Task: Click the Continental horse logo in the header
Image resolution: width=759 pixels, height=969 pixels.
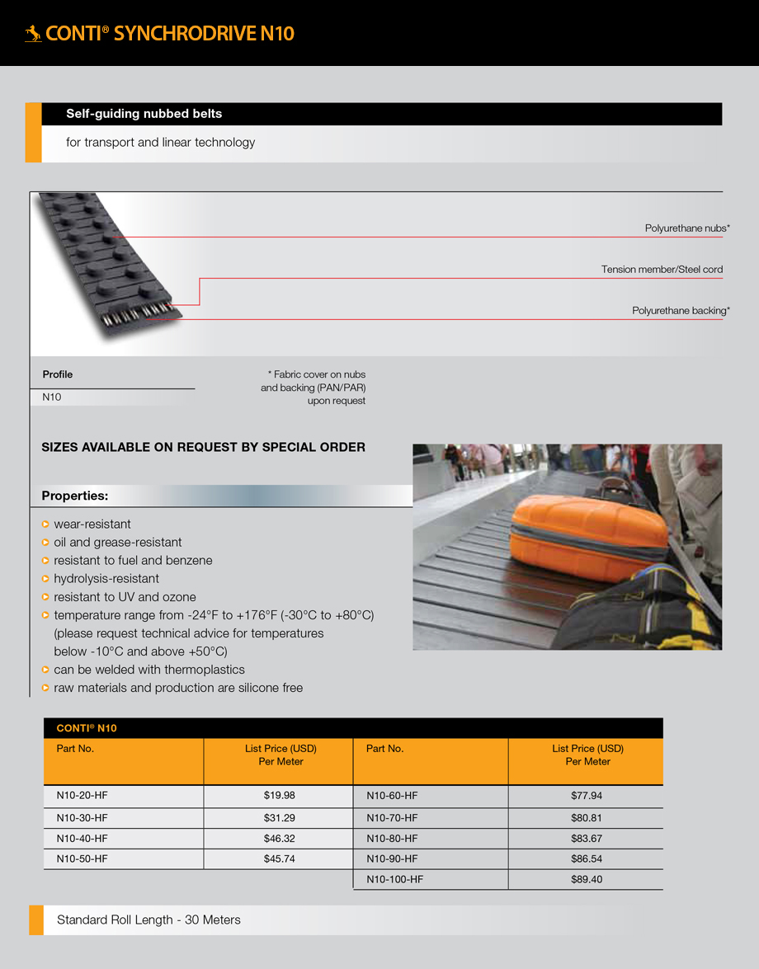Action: [33, 34]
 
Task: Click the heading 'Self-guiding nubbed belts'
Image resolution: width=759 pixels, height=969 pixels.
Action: [144, 114]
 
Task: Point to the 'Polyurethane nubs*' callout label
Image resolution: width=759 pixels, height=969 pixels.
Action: [686, 228]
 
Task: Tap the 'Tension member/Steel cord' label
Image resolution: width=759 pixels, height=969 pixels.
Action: [662, 270]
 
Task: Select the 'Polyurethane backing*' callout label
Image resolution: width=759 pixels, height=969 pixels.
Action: [681, 311]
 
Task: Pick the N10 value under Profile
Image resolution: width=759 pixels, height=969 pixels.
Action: [52, 397]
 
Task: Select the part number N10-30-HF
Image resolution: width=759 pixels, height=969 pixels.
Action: [82, 818]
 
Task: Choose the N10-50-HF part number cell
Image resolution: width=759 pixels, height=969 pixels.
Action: [82, 859]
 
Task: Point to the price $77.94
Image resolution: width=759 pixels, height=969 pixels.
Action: [587, 796]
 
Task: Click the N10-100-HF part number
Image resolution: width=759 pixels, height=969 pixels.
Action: [394, 880]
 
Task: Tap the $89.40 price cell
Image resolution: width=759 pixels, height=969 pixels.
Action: [587, 880]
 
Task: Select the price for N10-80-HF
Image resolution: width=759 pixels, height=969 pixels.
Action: [587, 839]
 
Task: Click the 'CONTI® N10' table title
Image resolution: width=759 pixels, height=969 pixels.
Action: [87, 728]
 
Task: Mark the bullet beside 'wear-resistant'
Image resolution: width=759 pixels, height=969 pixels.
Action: [45, 524]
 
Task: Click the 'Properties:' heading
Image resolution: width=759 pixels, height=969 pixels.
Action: [75, 496]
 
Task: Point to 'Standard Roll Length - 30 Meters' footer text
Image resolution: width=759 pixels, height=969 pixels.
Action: [148, 920]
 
